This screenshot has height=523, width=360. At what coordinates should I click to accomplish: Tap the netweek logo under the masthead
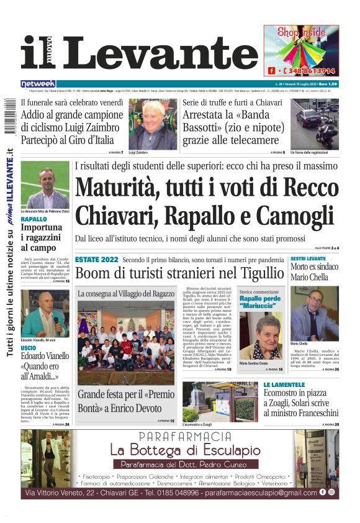pyautogui.click(x=38, y=84)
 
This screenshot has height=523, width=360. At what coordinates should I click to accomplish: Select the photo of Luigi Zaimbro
pyautogui.click(x=152, y=124)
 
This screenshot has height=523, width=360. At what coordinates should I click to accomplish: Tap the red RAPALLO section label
pyautogui.click(x=34, y=219)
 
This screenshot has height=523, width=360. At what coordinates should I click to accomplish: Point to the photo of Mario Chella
pyautogui.click(x=314, y=314)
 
